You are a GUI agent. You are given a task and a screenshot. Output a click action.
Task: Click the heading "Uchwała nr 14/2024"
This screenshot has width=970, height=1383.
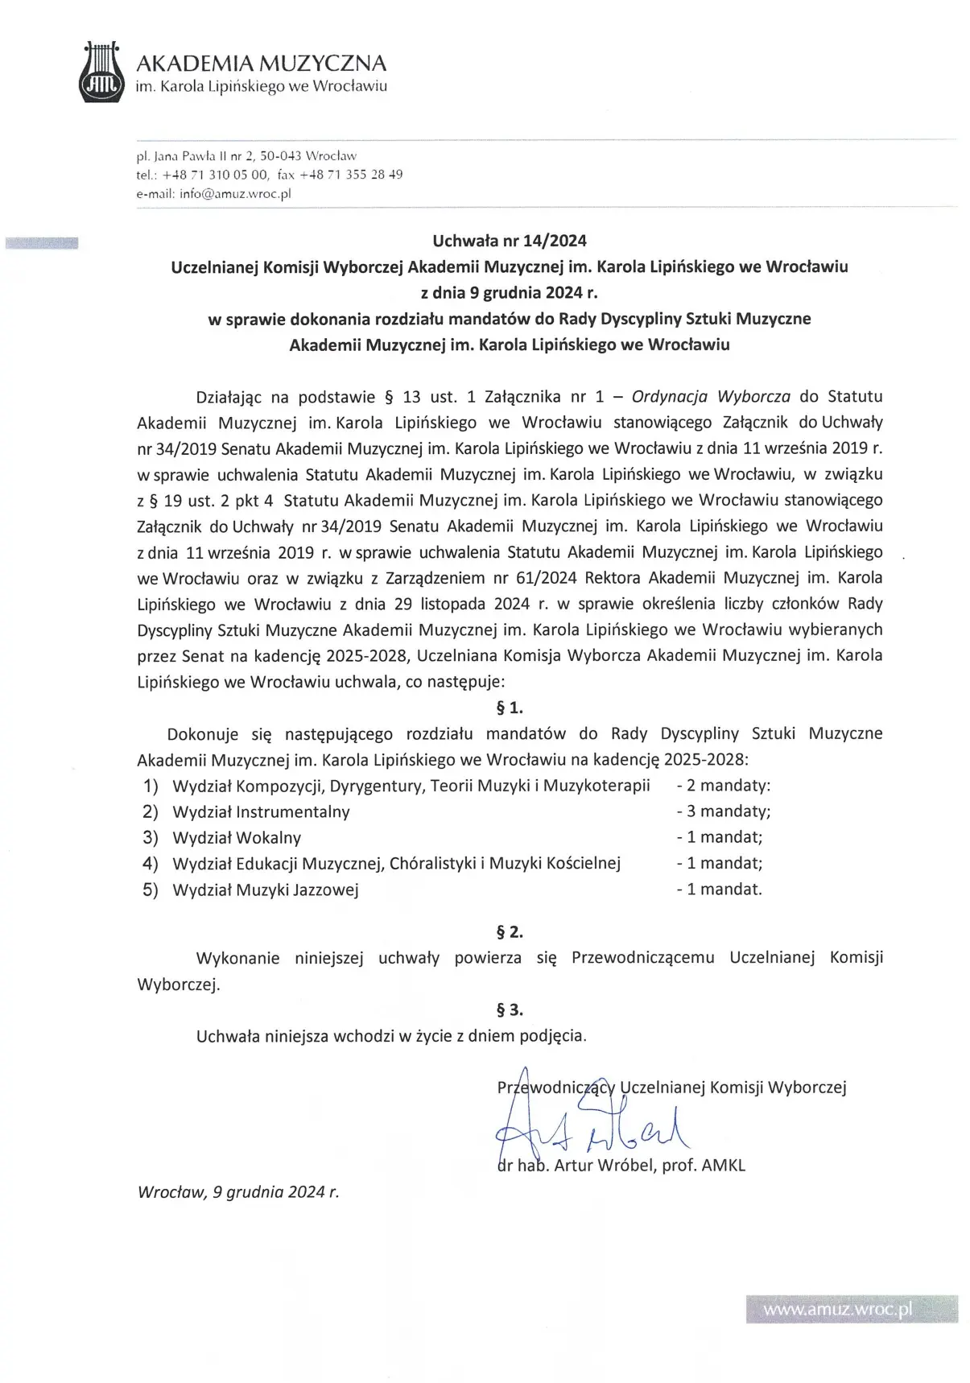[x=510, y=240]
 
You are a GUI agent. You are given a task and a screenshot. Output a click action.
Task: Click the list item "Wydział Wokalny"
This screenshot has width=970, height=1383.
[x=237, y=838]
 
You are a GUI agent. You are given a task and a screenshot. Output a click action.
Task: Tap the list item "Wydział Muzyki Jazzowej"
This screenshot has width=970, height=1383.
[x=266, y=890]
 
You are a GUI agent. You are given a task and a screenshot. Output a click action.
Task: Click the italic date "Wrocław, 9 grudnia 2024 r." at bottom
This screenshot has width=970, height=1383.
[x=238, y=1192]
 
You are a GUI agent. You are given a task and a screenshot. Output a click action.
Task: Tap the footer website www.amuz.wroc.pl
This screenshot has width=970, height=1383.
[x=837, y=1310]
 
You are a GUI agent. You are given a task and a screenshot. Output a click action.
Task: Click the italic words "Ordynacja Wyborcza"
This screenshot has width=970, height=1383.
[x=711, y=396]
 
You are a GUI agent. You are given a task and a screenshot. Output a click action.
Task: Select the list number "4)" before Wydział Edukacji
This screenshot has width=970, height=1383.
[x=151, y=864]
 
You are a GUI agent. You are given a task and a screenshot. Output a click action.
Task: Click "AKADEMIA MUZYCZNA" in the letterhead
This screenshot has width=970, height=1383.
[x=261, y=63]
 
